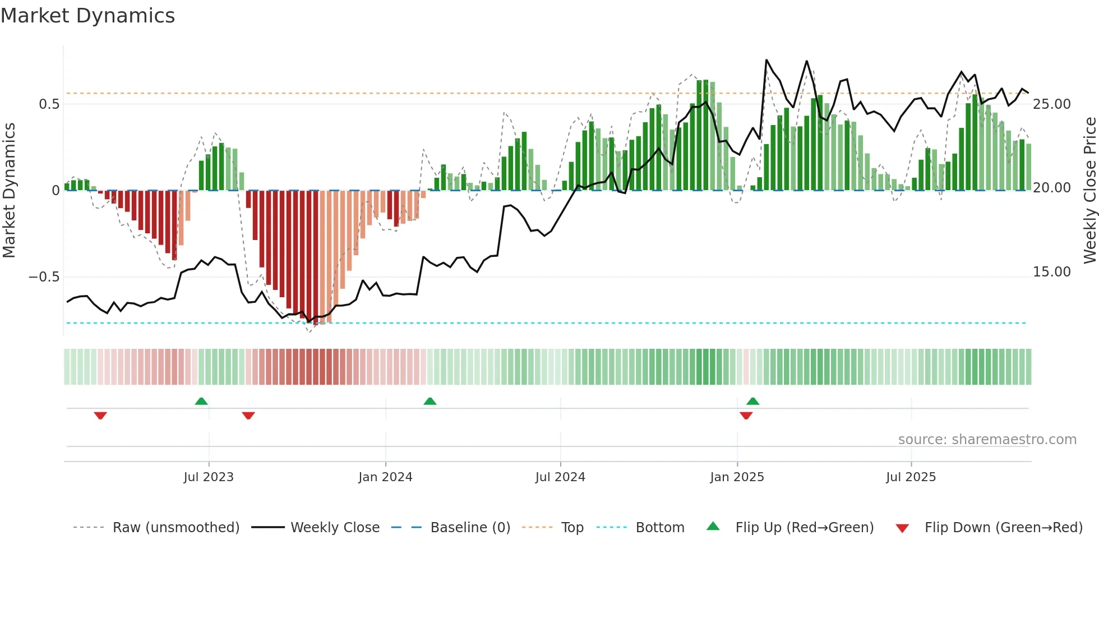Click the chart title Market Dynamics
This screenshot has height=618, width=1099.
tap(87, 16)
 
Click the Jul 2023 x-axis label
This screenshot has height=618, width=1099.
tap(209, 477)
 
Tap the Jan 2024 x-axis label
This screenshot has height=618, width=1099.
tap(385, 477)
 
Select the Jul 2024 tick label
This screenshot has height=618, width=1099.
tap(560, 477)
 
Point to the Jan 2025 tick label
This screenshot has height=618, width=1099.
tap(737, 477)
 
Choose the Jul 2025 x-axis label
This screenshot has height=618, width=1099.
tap(911, 477)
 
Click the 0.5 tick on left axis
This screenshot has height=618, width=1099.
tap(49, 104)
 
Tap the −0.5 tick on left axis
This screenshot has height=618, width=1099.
tap(44, 277)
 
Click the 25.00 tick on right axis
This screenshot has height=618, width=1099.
tap(1052, 104)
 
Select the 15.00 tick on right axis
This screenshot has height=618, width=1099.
tap(1052, 272)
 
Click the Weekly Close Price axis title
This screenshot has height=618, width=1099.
tap(1089, 191)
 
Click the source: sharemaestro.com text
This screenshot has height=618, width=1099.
tap(987, 440)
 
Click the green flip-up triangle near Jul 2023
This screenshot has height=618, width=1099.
tap(201, 401)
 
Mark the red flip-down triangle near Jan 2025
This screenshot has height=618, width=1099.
tap(746, 416)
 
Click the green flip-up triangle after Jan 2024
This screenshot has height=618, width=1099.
tap(430, 401)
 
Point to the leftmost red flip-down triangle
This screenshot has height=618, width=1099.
tap(100, 416)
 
